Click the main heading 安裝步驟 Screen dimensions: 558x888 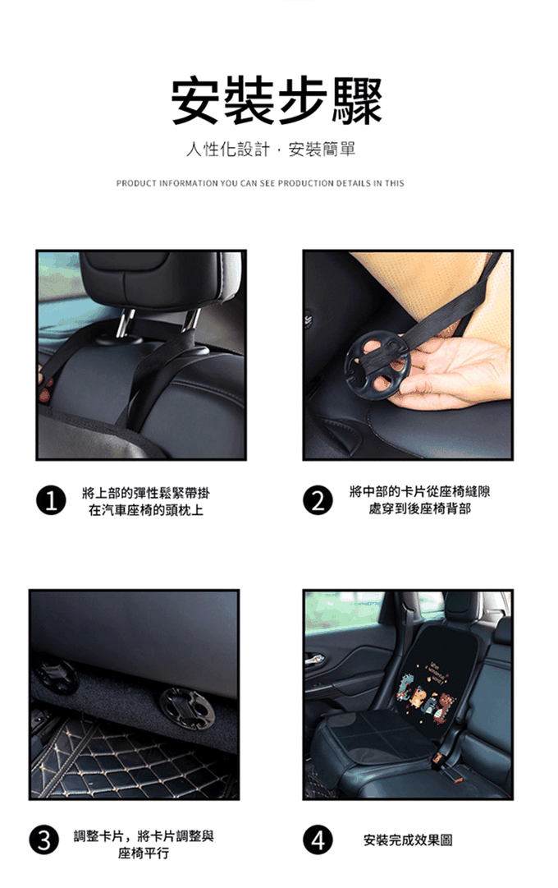pos(277,101)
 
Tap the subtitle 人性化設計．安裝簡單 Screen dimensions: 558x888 pos(271,150)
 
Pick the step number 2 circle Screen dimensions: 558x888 pos(318,500)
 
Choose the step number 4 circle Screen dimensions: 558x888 pos(318,840)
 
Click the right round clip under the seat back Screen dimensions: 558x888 pos(187,708)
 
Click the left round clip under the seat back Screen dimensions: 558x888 pos(56,675)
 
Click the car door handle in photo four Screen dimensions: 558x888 pos(314,659)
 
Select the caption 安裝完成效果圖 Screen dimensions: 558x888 pos(408,840)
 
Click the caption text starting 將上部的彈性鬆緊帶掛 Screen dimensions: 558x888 pos(145,493)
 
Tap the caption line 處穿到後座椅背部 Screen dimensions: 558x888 pos(419,508)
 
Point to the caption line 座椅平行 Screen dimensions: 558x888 pos(143,853)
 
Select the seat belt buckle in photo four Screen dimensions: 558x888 pos(441,757)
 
